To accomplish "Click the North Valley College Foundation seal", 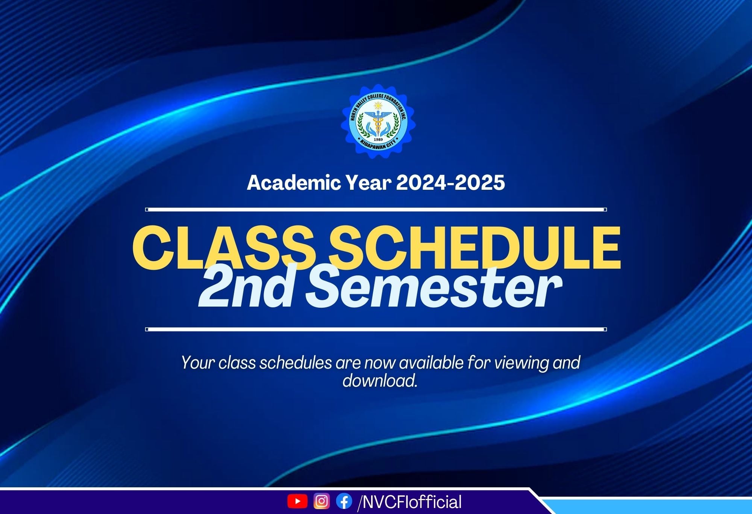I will pos(378,121).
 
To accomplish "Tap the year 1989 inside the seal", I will pos(378,139).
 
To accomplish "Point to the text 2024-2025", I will pos(450,183).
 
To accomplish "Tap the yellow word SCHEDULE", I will pos(475,248).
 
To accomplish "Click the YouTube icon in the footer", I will pos(297,501).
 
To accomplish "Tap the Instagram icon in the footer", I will pos(321,501).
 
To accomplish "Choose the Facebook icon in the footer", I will pos(344,501).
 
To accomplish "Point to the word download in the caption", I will pos(380,381).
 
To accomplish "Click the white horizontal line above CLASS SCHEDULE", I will pos(376,210).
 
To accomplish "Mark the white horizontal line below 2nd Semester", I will pos(376,329).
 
